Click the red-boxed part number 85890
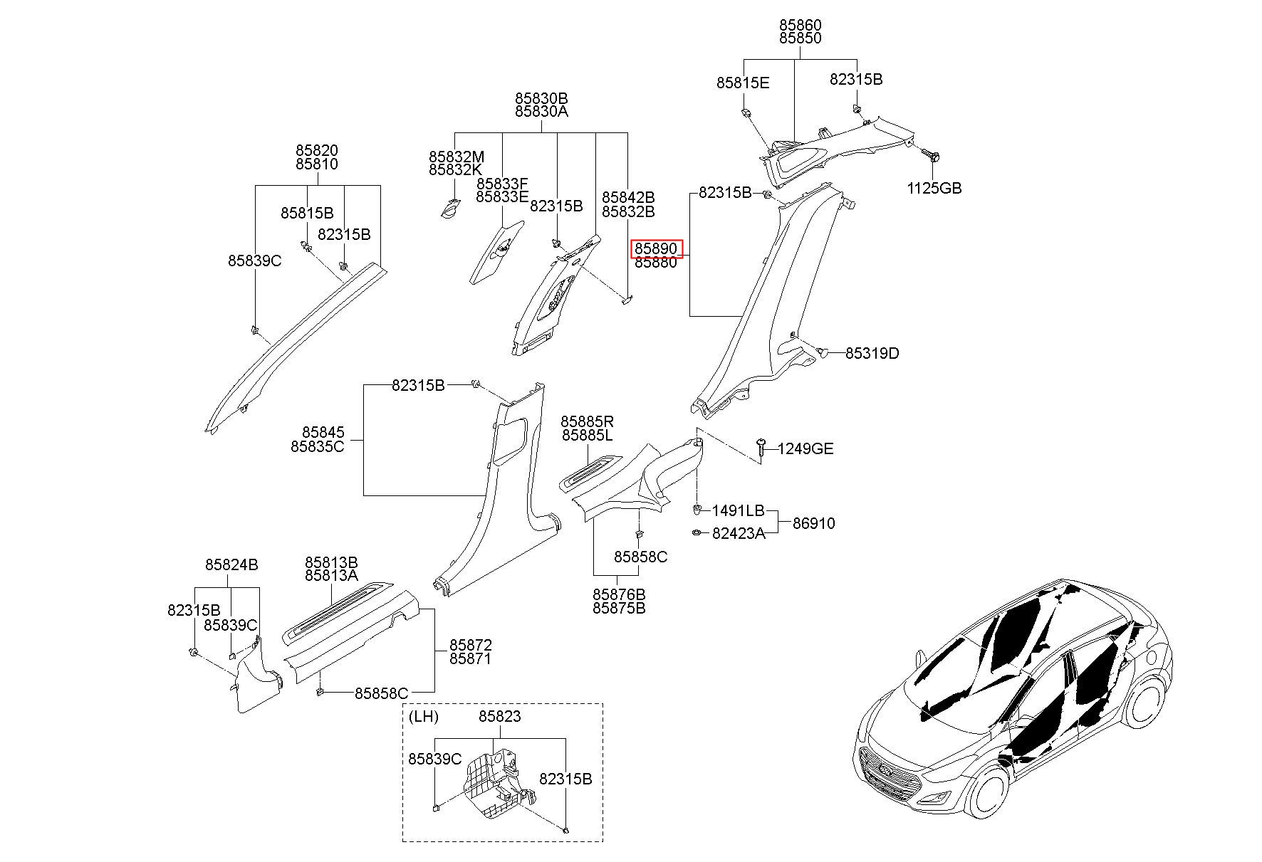[656, 248]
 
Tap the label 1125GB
[934, 188]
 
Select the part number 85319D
[872, 353]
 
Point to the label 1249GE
[805, 448]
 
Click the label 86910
[814, 523]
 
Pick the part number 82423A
[739, 533]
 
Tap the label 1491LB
[739, 510]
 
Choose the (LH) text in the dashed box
[424, 716]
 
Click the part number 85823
[499, 716]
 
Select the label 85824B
[231, 564]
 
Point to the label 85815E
[743, 83]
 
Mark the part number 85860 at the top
[800, 25]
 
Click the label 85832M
[456, 157]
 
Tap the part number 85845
[323, 432]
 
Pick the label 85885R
[587, 421]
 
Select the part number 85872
[470, 645]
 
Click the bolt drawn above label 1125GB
[929, 154]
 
